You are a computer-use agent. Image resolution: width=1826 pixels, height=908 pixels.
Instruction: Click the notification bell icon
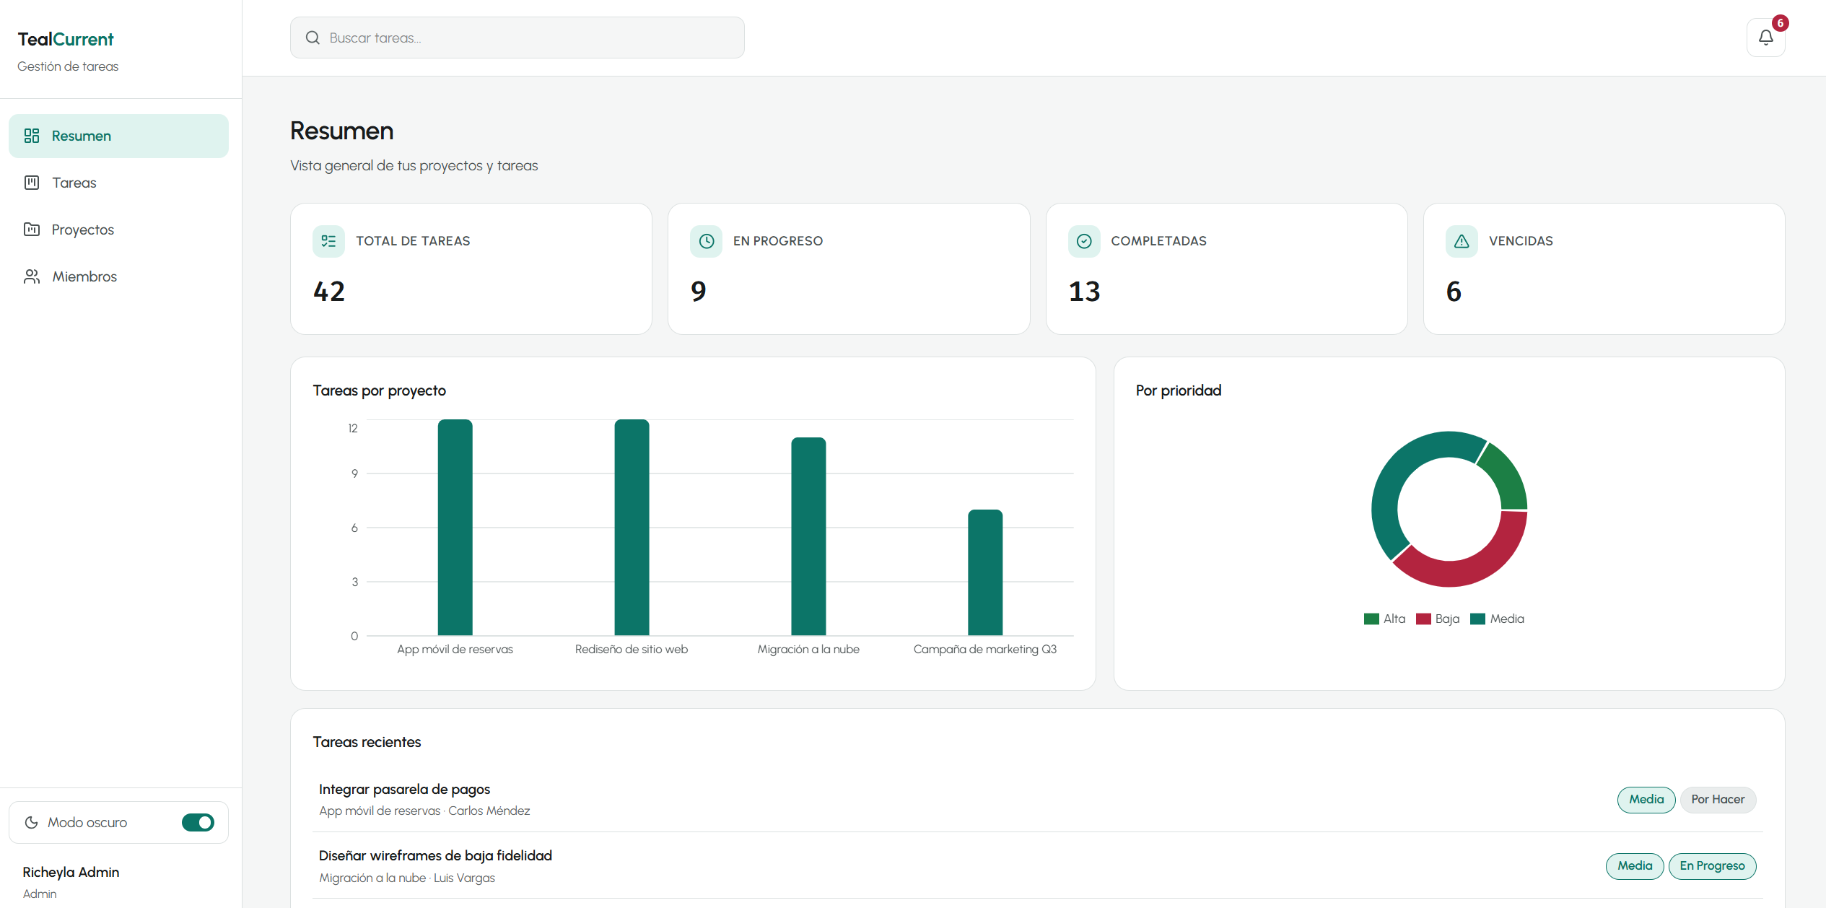point(1765,38)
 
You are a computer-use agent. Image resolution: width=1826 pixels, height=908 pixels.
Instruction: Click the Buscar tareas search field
point(517,38)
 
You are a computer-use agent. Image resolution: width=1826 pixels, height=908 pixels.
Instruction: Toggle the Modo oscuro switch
point(198,822)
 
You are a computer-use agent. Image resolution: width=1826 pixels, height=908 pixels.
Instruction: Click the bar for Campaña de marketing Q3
point(985,572)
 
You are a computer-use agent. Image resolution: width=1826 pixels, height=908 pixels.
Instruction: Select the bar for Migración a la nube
point(808,536)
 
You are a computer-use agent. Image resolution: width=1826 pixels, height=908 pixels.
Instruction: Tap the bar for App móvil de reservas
point(455,528)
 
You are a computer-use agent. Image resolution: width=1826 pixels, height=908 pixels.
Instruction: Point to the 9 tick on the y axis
point(354,473)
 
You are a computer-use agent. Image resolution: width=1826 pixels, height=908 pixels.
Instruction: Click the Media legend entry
point(1498,619)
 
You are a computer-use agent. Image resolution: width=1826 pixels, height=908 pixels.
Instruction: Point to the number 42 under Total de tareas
point(329,292)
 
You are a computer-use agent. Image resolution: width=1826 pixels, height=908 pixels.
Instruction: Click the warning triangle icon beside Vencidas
point(1462,241)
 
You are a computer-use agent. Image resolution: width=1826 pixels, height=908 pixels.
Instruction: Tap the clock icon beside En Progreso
point(706,241)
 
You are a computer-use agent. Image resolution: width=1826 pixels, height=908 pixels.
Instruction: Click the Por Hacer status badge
point(1718,800)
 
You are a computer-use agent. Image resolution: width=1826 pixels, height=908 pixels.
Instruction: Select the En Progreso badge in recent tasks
point(1712,866)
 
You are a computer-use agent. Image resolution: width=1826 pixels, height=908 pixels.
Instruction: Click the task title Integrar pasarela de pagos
point(404,790)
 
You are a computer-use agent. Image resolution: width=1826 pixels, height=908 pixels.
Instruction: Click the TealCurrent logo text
point(66,39)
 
